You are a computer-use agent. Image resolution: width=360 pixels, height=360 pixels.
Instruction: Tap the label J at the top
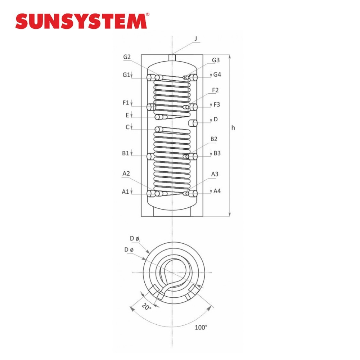click(196, 39)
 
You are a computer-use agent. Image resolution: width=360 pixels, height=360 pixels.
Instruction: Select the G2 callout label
click(127, 57)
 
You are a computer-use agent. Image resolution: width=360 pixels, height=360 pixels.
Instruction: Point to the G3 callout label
click(216, 60)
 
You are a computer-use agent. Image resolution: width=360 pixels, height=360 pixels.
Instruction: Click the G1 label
click(126, 75)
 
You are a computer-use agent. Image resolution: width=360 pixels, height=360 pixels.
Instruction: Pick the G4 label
click(217, 75)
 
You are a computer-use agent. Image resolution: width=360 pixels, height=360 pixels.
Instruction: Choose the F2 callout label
click(215, 90)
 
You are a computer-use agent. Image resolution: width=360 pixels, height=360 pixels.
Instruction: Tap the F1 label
click(126, 103)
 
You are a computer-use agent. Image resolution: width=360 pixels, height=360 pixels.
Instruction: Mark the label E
click(127, 115)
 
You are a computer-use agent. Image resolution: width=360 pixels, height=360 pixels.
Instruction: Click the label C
click(128, 127)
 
